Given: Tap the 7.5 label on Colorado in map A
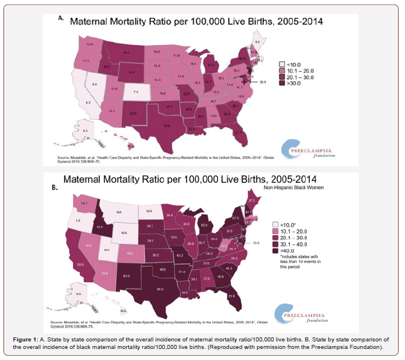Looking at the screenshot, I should coord(135,92).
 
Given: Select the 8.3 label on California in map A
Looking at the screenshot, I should coord(88,102).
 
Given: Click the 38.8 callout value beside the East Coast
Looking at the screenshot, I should coord(263,82).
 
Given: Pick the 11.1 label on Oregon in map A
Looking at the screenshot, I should coord(86,61).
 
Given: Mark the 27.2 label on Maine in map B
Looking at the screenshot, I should coord(251,200).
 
